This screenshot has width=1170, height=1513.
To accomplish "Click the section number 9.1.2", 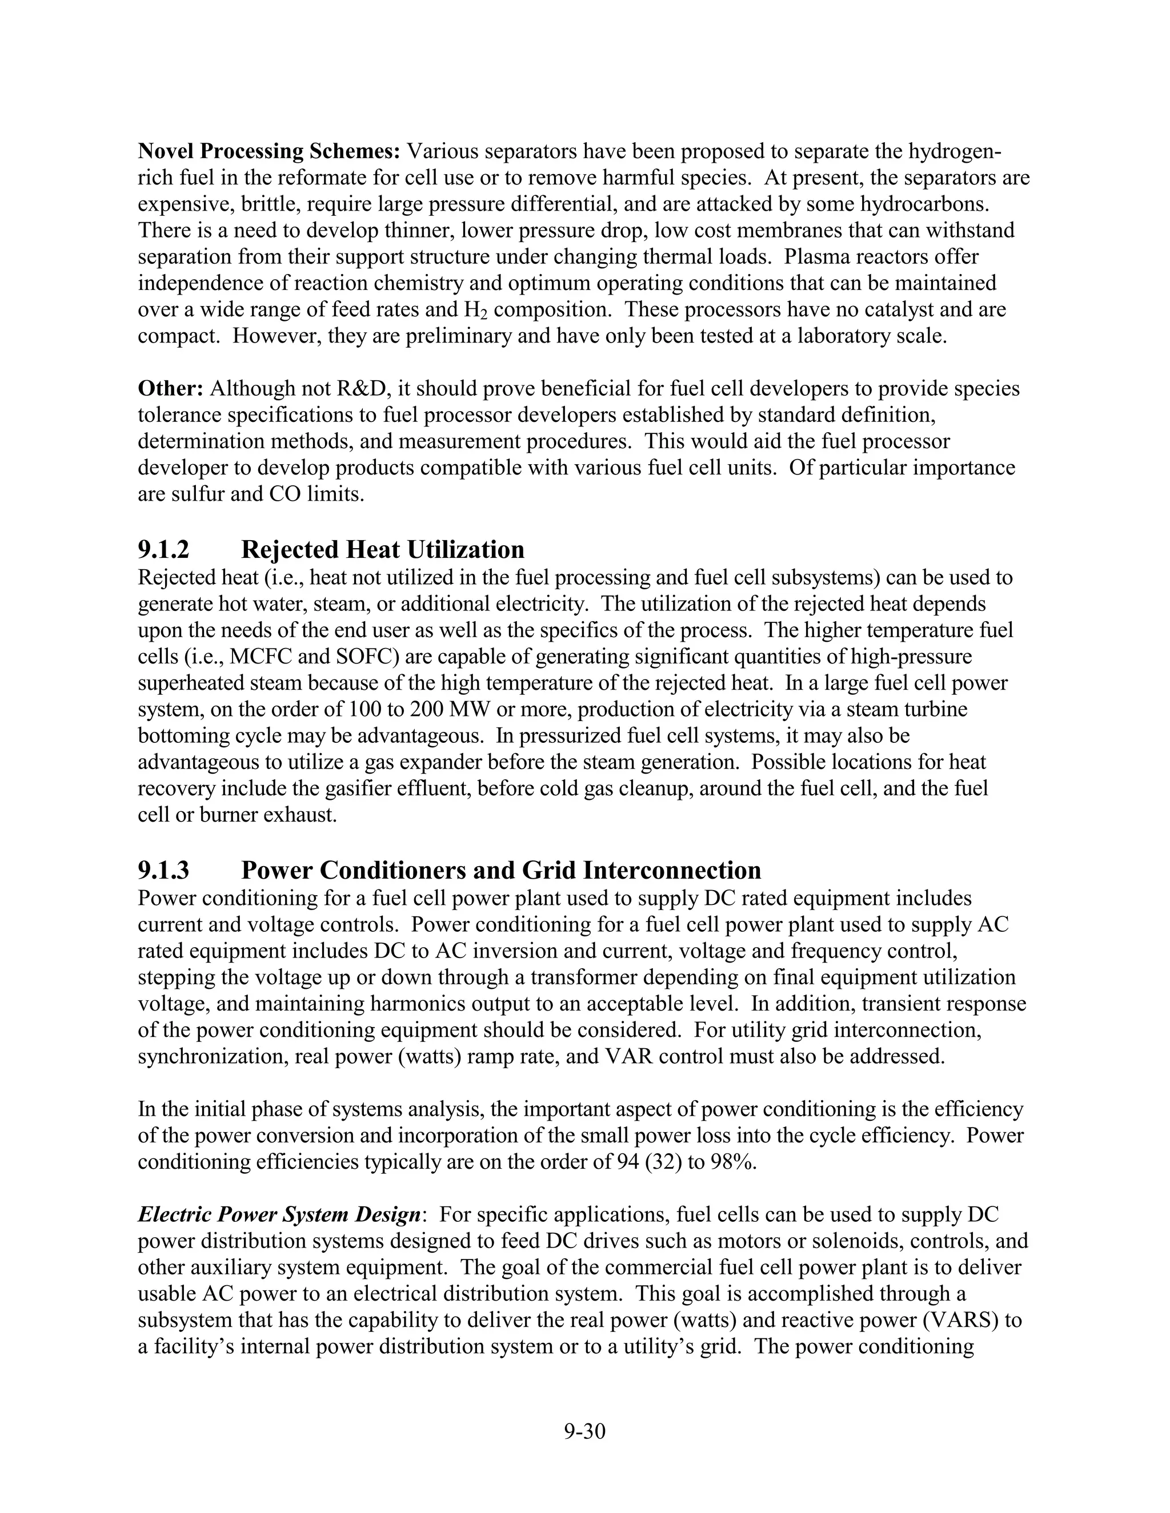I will [x=163, y=549].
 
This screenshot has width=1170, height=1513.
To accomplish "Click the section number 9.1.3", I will [x=163, y=870].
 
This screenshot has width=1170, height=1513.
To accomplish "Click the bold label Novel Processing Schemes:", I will [x=270, y=151].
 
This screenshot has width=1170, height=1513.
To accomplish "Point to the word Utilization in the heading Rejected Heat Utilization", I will [x=465, y=549].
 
